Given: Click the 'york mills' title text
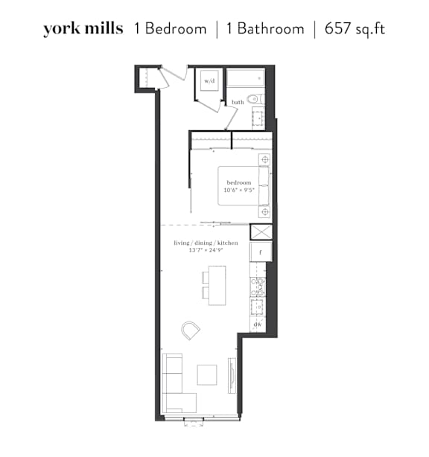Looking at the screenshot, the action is [x=83, y=29].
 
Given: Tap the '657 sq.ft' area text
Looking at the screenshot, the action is [x=355, y=29].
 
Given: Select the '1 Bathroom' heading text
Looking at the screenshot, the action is [x=265, y=29].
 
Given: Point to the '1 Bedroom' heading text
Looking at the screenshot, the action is [x=170, y=29].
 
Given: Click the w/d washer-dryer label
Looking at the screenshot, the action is [x=209, y=80].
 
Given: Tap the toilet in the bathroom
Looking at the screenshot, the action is [x=255, y=100].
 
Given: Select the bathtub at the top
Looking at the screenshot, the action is [x=246, y=77].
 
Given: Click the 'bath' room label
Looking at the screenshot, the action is [x=238, y=102].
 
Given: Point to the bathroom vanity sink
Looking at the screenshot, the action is [x=258, y=118].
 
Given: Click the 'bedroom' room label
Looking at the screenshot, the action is [x=239, y=183].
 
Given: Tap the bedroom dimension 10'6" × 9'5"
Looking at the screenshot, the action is [x=239, y=190].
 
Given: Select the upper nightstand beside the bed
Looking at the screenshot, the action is [x=264, y=160].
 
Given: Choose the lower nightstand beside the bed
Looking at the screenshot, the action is [x=264, y=211].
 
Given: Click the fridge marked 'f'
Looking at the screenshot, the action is [x=261, y=252].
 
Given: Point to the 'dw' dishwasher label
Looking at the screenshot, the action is [x=258, y=324].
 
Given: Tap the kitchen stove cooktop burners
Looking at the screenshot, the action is [x=258, y=287].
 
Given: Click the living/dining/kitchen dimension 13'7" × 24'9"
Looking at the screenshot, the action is [x=206, y=250].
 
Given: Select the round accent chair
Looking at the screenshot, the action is [x=191, y=330].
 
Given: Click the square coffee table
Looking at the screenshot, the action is [x=207, y=375].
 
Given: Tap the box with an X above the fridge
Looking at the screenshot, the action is [x=261, y=232].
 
